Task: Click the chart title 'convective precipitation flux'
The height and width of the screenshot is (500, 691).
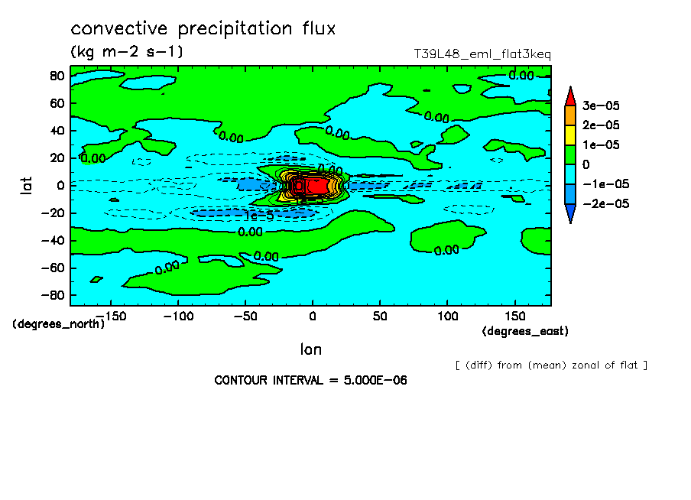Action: pos(203,29)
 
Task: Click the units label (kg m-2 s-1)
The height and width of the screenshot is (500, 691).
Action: pos(126,52)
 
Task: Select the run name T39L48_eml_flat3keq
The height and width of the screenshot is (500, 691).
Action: pos(482,54)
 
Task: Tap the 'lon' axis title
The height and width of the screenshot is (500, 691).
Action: pos(310,349)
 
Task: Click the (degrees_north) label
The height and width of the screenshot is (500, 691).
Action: pos(58,323)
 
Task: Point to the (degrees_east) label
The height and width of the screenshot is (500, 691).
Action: pos(525,331)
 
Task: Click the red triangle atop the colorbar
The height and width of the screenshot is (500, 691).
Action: pos(570,96)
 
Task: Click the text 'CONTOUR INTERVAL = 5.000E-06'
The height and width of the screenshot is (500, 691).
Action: pos(310,380)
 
